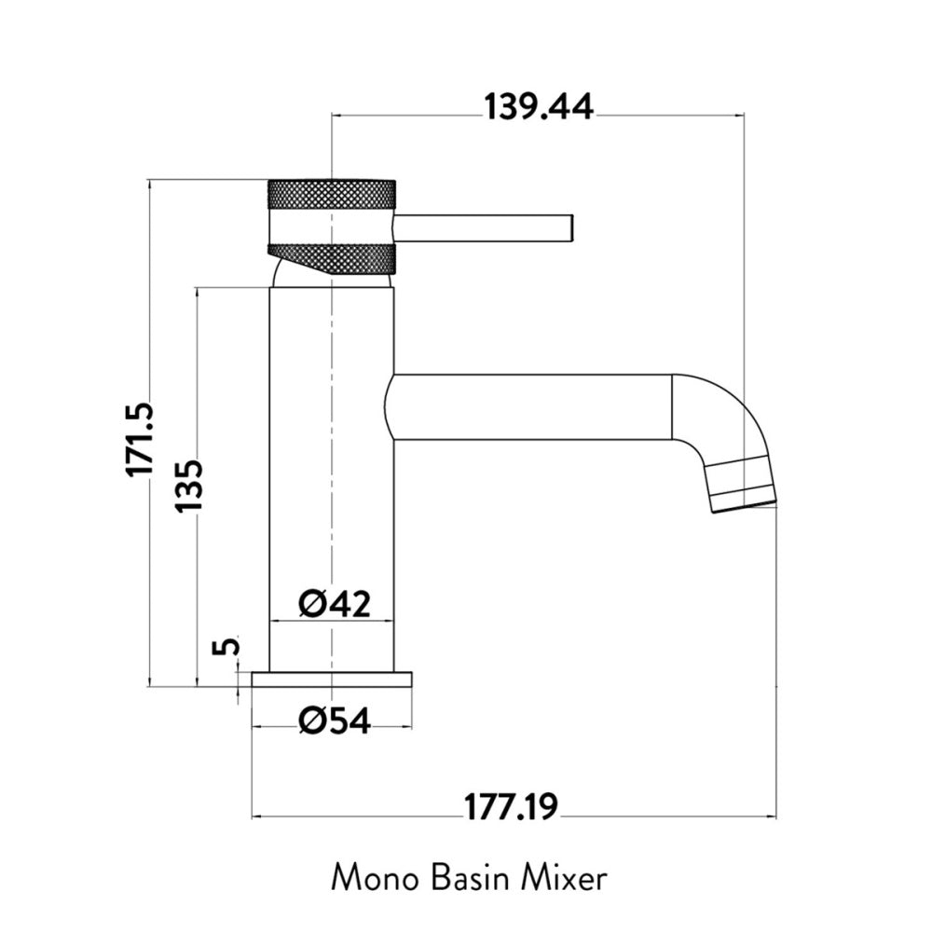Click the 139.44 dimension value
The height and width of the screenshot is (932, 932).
coord(539,107)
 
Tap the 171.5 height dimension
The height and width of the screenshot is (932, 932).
coord(140,439)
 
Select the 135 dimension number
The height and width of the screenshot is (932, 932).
coord(189,485)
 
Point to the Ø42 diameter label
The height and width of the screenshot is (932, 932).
coord(335,604)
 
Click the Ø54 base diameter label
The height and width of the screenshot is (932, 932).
coord(335,721)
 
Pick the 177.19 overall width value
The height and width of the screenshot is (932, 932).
coord(511,807)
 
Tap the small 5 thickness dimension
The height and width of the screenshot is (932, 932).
coord(227,646)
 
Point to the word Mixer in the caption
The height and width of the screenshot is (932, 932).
coord(564,879)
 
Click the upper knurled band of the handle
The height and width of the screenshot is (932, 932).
coord(332,194)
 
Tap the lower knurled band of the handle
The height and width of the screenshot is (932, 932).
coord(332,259)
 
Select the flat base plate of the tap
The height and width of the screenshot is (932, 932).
coord(332,679)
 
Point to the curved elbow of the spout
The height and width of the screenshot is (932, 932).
coord(716,416)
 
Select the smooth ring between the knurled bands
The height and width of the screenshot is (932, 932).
coord(332,226)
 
